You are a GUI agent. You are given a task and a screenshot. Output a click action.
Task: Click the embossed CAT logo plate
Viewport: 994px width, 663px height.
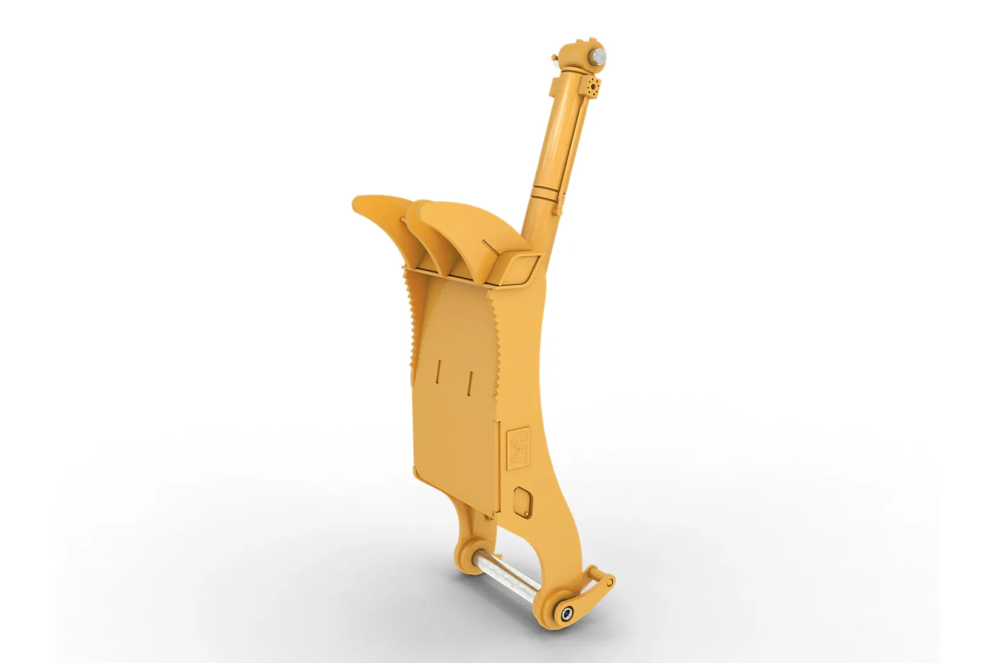[x=518, y=448]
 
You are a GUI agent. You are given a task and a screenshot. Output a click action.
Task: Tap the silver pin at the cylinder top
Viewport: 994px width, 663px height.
[x=598, y=56]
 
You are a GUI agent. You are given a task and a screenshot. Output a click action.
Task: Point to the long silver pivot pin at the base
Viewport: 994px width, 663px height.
[x=505, y=578]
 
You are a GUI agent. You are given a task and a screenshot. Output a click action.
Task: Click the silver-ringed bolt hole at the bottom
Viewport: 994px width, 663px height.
[x=567, y=614]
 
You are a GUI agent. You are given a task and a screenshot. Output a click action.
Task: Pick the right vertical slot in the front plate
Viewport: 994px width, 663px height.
[x=470, y=383]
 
